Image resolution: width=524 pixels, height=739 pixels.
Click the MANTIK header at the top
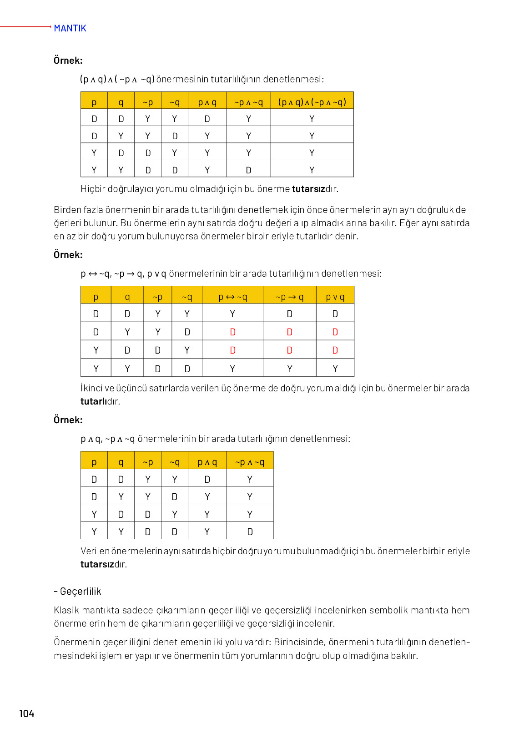tap(70, 28)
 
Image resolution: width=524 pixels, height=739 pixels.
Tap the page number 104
tap(26, 714)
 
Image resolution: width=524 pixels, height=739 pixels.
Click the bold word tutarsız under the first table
tap(308, 189)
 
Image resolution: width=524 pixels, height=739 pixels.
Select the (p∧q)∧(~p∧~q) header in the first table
tap(312, 102)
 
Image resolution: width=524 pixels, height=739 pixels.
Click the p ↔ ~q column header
tap(232, 297)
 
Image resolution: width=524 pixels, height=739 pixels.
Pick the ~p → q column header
tap(289, 297)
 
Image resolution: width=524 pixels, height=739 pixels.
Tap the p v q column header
tap(335, 297)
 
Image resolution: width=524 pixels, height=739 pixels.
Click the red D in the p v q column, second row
tap(335, 332)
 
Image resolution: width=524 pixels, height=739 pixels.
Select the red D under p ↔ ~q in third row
tap(232, 350)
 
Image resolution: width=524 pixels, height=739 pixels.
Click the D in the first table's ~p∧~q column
tap(248, 170)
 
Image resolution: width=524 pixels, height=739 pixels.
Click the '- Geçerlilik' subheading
tap(77, 591)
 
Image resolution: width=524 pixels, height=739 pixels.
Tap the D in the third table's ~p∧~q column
tap(250, 531)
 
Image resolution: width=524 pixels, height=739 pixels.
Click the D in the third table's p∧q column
tap(207, 479)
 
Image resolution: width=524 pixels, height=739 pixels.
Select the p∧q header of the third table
tap(207, 462)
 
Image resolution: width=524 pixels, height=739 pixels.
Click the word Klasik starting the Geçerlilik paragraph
tap(66, 610)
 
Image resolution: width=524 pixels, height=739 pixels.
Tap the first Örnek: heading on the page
tap(68, 61)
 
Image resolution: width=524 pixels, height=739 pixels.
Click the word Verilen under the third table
tap(95, 551)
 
